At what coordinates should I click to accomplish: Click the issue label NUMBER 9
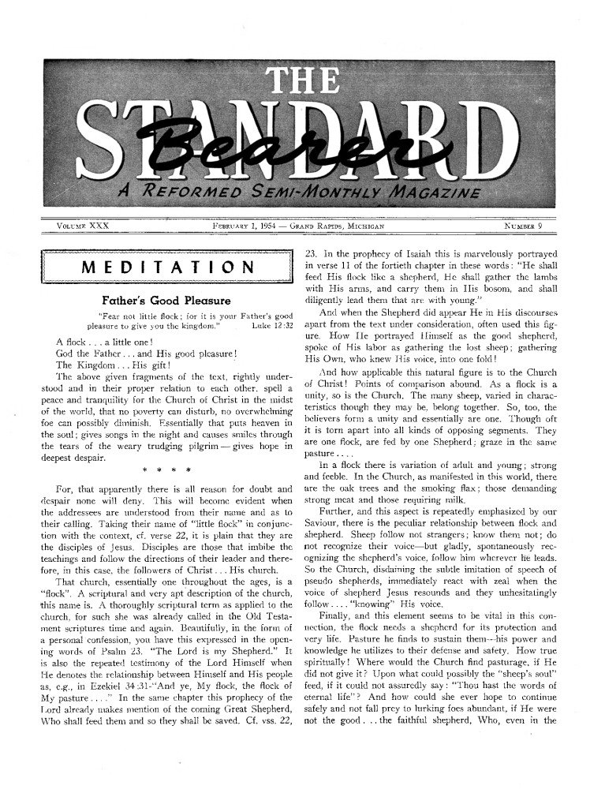point(528,226)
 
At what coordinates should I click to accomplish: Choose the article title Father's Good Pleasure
point(166,301)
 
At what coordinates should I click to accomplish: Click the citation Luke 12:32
point(271,324)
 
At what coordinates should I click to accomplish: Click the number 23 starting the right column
point(310,254)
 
